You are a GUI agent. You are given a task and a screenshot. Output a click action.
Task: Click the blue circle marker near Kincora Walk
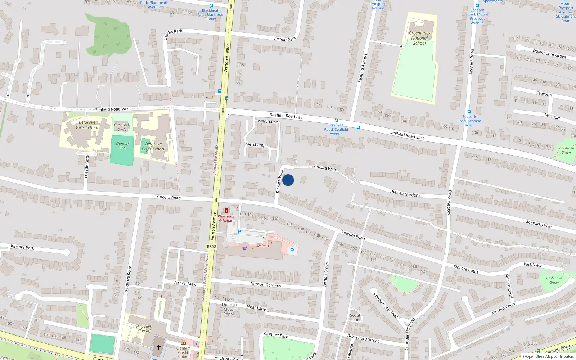(288, 180)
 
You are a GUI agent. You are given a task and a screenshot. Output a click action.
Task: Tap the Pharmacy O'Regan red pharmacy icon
(226, 210)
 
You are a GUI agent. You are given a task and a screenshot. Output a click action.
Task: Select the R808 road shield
(211, 247)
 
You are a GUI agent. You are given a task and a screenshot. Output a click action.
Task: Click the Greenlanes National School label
(419, 38)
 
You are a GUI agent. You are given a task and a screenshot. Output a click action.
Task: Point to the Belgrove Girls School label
(87, 125)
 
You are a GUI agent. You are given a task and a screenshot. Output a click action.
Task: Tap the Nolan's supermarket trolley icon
(245, 248)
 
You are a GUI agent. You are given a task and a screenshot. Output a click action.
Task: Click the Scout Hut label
(355, 318)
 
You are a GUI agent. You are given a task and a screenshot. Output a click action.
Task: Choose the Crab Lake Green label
(554, 280)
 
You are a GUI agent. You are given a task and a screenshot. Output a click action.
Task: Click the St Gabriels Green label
(566, 150)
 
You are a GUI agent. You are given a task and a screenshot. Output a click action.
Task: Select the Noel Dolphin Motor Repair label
(229, 307)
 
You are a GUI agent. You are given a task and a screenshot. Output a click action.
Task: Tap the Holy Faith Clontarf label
(144, 329)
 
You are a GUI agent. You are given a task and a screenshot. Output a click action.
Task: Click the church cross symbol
(158, 347)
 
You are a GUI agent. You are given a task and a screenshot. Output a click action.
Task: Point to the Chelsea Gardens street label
(405, 193)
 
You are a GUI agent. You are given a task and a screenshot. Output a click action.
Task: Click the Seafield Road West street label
(113, 109)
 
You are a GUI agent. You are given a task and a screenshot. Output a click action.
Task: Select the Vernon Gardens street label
(266, 284)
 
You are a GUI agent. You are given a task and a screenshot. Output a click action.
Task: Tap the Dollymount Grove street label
(549, 54)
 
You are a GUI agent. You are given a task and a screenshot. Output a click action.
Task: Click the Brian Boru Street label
(363, 338)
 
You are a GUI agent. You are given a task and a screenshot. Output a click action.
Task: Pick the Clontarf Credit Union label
(183, 352)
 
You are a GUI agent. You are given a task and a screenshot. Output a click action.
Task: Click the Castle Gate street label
(87, 166)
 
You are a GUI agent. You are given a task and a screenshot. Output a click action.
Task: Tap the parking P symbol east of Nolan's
(292, 251)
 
